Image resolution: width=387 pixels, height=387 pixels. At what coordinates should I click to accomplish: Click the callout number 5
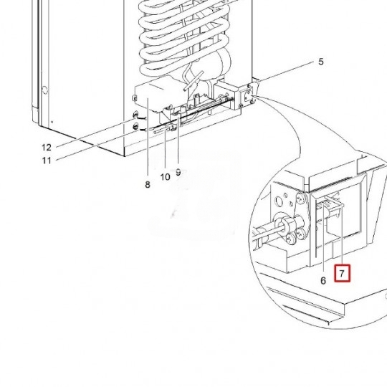coord(320,62)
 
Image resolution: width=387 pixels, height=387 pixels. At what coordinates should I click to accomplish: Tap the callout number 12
coord(47,148)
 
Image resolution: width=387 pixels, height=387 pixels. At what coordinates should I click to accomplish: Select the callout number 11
coord(47,161)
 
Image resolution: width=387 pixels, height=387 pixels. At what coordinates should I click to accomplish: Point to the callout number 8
coord(148,185)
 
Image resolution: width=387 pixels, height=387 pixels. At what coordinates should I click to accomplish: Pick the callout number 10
coord(165,177)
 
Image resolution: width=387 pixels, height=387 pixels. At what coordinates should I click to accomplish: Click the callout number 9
coord(178,172)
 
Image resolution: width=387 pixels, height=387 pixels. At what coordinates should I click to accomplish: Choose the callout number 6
coord(323,281)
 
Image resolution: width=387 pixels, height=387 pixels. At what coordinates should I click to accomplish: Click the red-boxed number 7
coord(342,273)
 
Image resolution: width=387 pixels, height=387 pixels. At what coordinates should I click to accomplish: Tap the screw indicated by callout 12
coord(135,115)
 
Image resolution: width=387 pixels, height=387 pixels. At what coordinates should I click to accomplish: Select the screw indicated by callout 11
coord(135,127)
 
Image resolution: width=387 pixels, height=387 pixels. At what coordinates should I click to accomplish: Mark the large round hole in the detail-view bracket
coord(279,202)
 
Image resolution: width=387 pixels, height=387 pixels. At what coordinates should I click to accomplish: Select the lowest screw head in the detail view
coord(290,239)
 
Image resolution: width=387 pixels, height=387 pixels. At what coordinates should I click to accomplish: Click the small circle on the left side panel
coord(44,90)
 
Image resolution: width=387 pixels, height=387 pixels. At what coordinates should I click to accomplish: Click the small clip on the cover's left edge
coord(133,98)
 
